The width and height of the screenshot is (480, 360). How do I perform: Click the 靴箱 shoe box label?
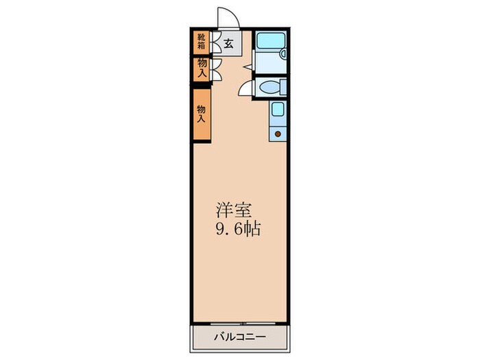click(x=201, y=43)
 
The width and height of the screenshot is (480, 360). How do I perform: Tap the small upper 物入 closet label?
click(x=201, y=67)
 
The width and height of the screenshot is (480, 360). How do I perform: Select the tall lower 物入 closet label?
click(x=201, y=113)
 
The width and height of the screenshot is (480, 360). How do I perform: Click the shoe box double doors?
click(x=215, y=43)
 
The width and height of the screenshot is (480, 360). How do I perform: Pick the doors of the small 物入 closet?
click(x=215, y=67)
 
